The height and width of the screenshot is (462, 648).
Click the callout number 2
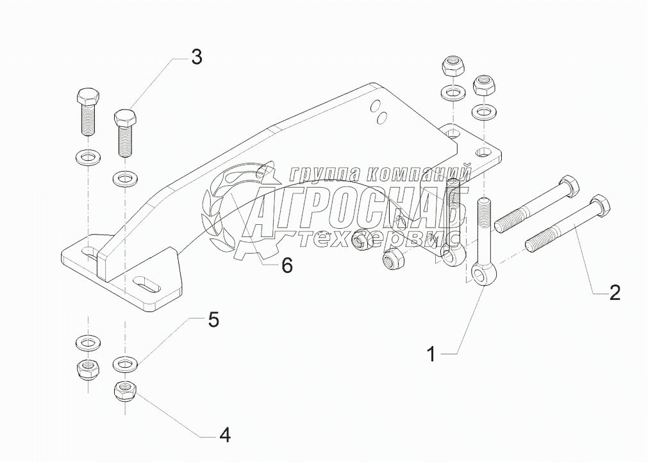[613, 293]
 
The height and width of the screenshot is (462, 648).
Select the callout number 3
[197, 57]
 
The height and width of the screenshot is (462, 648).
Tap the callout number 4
[224, 436]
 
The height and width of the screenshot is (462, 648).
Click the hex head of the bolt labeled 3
[126, 119]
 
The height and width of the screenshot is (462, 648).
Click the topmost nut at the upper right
[453, 67]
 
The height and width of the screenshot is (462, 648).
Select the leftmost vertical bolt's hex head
[87, 98]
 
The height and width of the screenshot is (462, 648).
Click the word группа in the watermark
[320, 174]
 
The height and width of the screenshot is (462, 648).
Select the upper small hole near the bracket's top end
[376, 105]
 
